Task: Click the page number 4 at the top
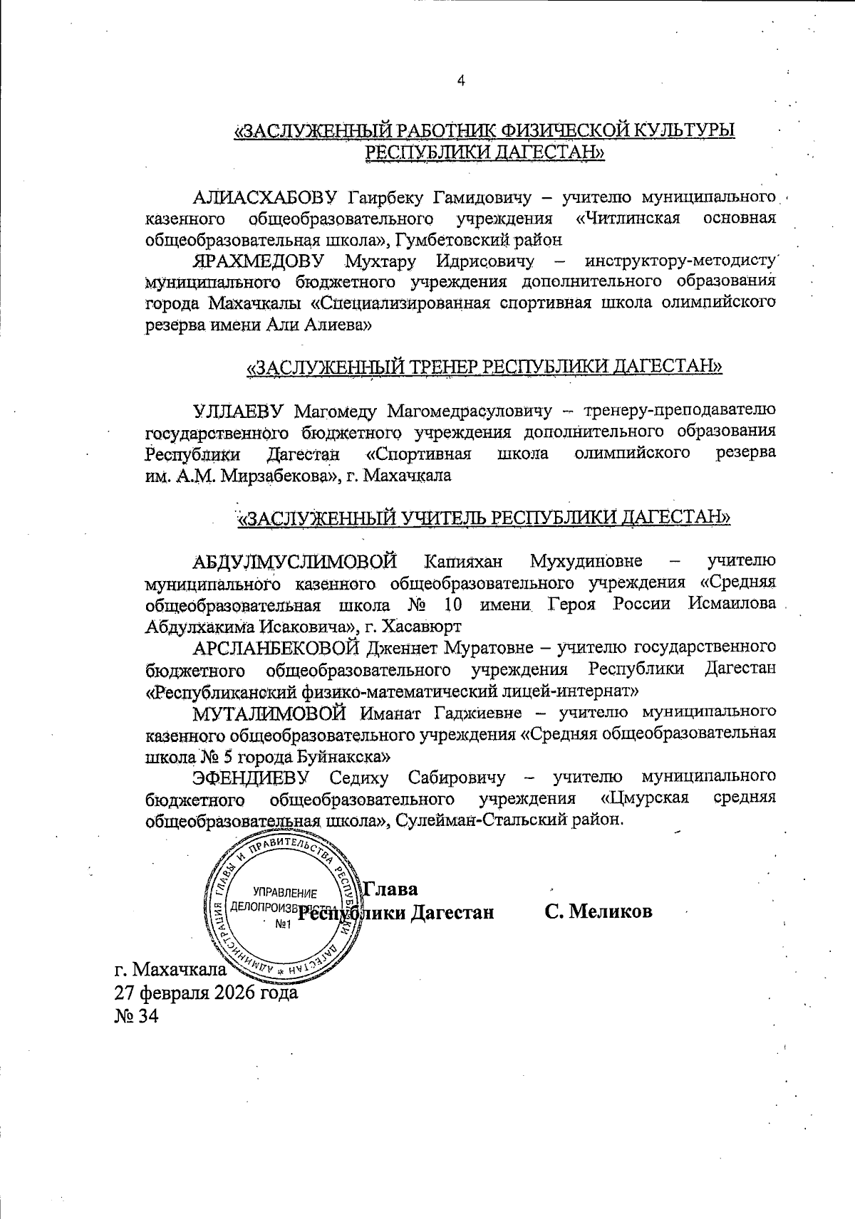tap(461, 81)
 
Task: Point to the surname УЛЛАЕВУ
tap(239, 410)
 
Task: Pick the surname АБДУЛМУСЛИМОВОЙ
tap(295, 561)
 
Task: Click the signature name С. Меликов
tap(598, 912)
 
